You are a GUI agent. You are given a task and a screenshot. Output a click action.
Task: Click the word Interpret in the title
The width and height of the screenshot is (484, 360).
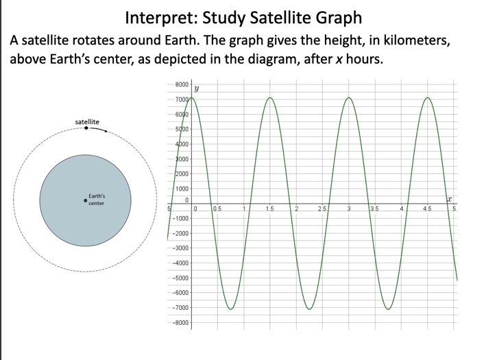click(159, 16)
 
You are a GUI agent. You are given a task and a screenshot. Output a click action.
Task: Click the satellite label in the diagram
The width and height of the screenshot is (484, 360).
click(87, 121)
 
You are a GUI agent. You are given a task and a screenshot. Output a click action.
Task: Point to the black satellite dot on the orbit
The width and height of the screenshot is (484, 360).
click(86, 128)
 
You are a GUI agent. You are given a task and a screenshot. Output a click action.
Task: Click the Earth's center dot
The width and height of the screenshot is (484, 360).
click(85, 201)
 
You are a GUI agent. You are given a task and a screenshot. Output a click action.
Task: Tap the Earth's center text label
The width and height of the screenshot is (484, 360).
click(97, 200)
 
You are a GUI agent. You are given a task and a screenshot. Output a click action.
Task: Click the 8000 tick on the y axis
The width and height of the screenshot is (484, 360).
click(182, 84)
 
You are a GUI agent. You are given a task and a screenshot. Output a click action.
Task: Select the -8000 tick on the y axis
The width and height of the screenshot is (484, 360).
click(180, 322)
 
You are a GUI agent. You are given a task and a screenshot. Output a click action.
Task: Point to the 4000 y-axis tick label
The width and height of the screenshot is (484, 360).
click(182, 144)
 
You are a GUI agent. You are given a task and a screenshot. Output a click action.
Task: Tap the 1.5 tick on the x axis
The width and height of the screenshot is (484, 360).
click(271, 208)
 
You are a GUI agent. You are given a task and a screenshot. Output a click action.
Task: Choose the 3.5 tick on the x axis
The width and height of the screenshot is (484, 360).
click(374, 208)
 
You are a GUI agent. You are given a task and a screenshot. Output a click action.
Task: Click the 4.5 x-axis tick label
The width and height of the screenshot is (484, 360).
click(428, 208)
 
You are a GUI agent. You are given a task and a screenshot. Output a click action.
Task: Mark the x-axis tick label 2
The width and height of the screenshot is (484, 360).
click(297, 208)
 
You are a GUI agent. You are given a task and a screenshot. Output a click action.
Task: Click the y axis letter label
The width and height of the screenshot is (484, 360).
click(197, 88)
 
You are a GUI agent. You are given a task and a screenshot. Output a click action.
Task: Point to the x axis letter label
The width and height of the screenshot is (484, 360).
click(450, 199)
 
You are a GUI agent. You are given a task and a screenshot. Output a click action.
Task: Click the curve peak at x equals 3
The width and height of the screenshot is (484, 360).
click(349, 97)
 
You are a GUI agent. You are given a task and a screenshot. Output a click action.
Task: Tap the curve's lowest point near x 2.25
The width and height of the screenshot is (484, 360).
click(310, 309)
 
